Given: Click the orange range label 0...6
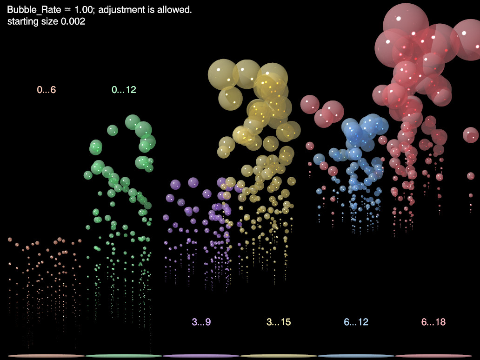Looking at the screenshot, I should [47, 90].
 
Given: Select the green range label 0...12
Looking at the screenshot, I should [124, 90].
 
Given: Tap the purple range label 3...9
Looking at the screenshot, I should [201, 321].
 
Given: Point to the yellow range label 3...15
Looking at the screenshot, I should [279, 321].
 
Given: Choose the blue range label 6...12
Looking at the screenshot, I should [356, 321].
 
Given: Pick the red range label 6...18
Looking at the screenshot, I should [433, 321].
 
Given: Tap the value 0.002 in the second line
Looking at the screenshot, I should [73, 21].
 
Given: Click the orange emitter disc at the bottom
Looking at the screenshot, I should [47, 356].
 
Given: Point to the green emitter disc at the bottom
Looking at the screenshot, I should [124, 356].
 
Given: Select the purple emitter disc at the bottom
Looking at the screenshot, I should [201, 356].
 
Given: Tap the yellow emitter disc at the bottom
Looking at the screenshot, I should [278, 356].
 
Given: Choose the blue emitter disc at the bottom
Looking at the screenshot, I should [356, 356].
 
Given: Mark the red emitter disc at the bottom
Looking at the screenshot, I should [433, 356].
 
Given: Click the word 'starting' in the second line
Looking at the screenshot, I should [23, 21].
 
